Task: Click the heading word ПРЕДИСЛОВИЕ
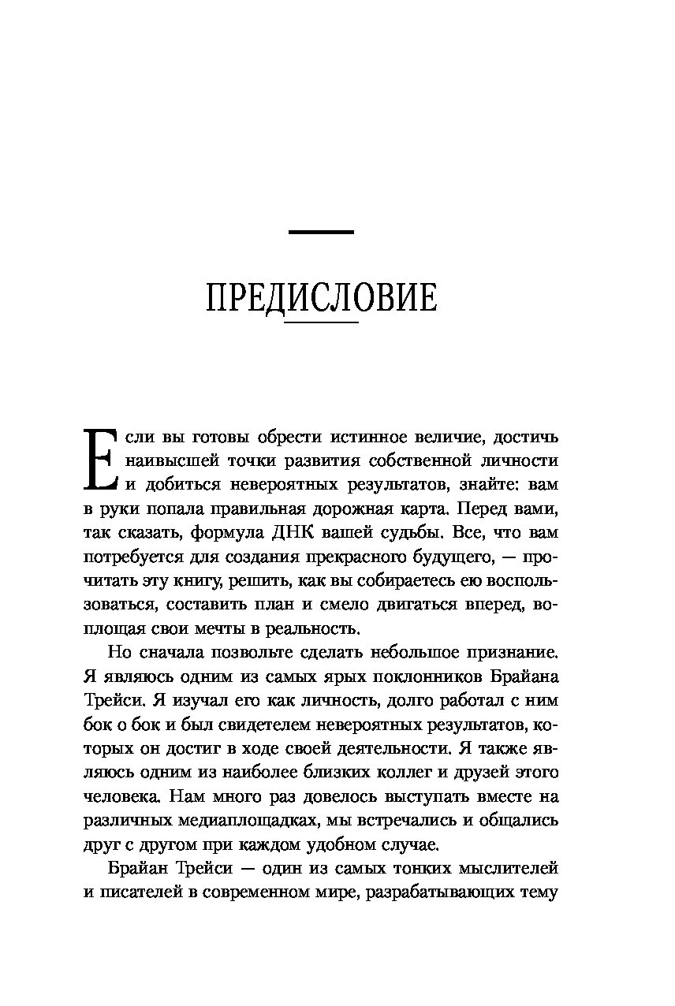321,299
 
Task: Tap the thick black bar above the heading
321,232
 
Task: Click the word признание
505,652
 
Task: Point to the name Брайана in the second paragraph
517,676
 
